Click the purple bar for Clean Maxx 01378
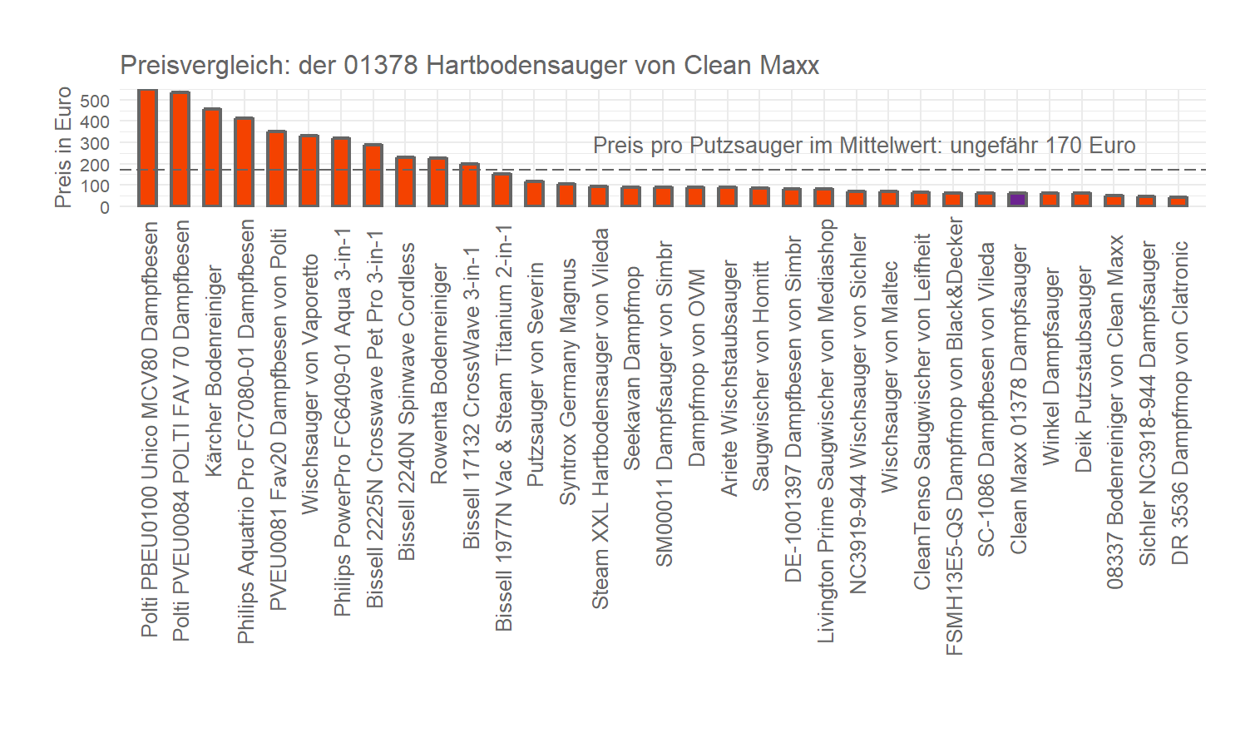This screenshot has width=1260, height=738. pyautogui.click(x=1017, y=200)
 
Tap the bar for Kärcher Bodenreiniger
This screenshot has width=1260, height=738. pyautogui.click(x=212, y=157)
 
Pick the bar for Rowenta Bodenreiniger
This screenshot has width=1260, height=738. pyautogui.click(x=437, y=181)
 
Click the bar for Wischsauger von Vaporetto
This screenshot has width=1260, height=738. pyautogui.click(x=309, y=171)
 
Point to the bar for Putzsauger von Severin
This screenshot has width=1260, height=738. pyautogui.click(x=534, y=193)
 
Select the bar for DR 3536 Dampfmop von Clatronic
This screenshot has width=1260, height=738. pyautogui.click(x=1178, y=201)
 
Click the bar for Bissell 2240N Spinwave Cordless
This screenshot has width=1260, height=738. pyautogui.click(x=405, y=181)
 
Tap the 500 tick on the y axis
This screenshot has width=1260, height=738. pyautogui.click(x=95, y=102)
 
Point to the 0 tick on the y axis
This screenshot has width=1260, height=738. pyautogui.click(x=105, y=207)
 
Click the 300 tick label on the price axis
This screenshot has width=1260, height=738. pyautogui.click(x=95, y=144)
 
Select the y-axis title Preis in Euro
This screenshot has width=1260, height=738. pyautogui.click(x=63, y=147)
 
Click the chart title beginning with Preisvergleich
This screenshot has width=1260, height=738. pyautogui.click(x=469, y=66)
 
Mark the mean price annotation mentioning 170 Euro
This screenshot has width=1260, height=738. pyautogui.click(x=863, y=146)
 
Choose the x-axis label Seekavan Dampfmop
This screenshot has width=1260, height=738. pyautogui.click(x=632, y=368)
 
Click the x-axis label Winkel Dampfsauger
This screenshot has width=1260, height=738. pyautogui.click(x=1051, y=366)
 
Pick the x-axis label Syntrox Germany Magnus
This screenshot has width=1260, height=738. pyautogui.click(x=567, y=381)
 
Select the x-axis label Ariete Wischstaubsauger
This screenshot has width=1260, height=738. pyautogui.click(x=729, y=379)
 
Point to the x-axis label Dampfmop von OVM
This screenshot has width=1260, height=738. pyautogui.click(x=696, y=367)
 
